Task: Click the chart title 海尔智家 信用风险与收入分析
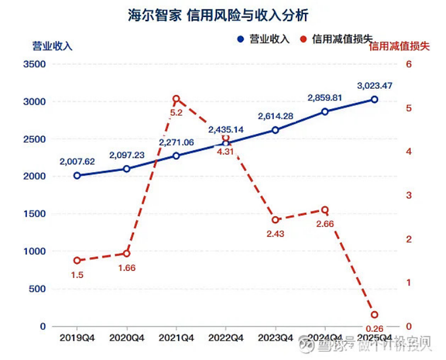pos(218,15)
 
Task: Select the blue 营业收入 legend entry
pos(264,39)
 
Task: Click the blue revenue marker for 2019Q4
pos(77,176)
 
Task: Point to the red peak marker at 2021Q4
pos(176,99)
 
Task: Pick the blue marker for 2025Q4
pos(374,100)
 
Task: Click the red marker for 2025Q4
pos(374,315)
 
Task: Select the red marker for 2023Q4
pos(275,220)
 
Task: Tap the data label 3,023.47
pos(374,86)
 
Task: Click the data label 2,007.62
pos(77,162)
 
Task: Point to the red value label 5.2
pos(176,113)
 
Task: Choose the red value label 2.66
pos(324,224)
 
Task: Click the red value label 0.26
pos(374,328)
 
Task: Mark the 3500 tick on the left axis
pos(34,64)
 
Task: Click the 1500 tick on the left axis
pos(34,214)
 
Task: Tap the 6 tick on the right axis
pos(408,64)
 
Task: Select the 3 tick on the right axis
pos(408,196)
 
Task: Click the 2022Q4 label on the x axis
pos(226,338)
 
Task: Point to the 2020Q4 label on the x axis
pos(126,338)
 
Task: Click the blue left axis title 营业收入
pos(52,46)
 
